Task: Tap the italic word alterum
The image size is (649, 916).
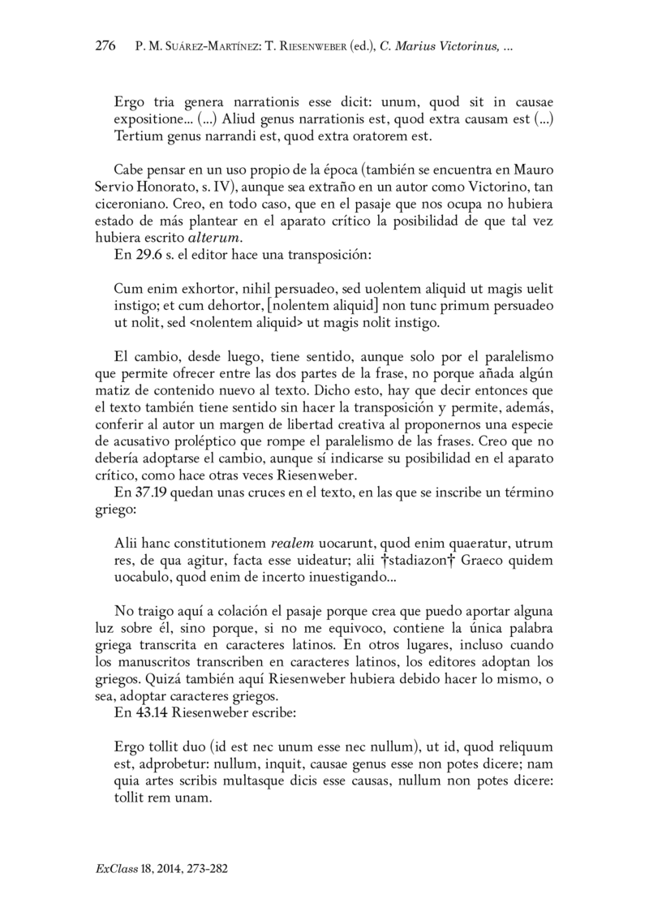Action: [x=215, y=238]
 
